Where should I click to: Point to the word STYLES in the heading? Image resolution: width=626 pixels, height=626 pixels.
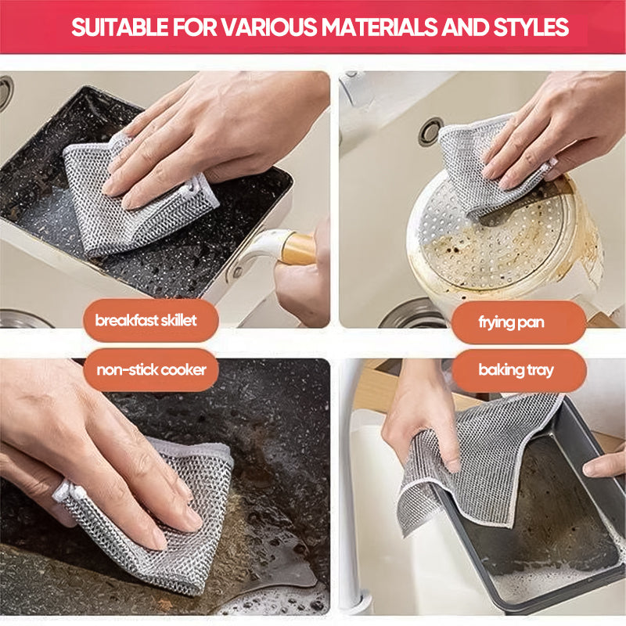(x=529, y=27)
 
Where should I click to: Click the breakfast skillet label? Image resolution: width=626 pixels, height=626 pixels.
(x=146, y=321)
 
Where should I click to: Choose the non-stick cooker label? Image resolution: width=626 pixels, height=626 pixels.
(x=151, y=369)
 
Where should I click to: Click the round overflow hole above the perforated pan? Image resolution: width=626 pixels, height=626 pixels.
(x=430, y=131)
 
